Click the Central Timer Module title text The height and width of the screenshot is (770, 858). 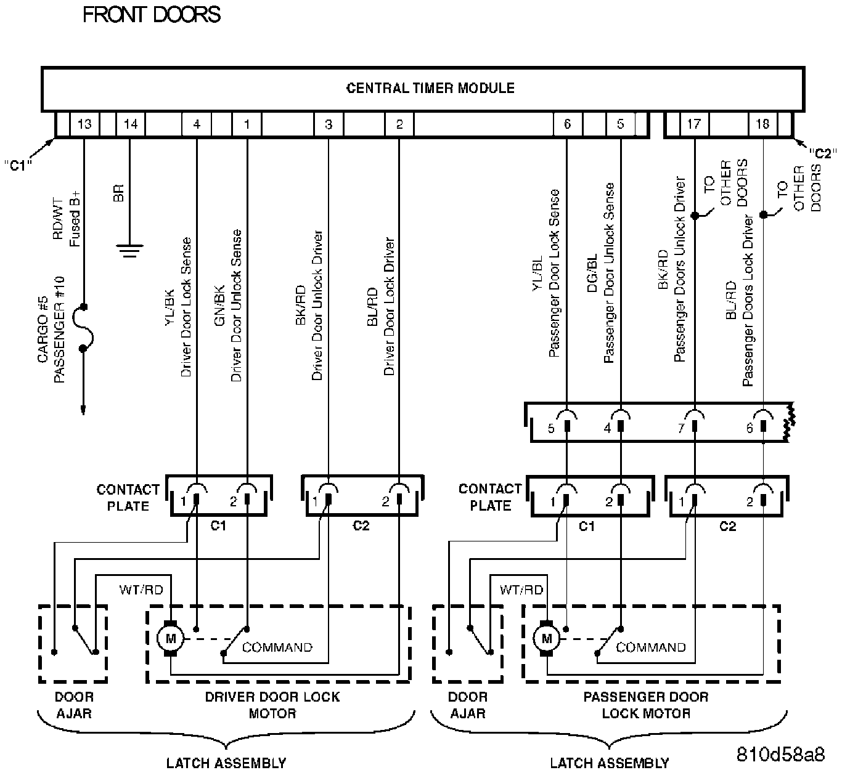click(430, 88)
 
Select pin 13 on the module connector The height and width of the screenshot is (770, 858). click(84, 124)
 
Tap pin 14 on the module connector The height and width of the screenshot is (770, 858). click(131, 124)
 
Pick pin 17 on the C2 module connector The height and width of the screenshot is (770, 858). click(693, 124)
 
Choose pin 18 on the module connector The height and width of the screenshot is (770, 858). click(762, 124)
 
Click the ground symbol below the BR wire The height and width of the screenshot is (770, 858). click(129, 251)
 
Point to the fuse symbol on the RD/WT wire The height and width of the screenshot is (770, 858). click(83, 328)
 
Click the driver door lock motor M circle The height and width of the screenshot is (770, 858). click(170, 638)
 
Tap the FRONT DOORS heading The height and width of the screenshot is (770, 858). click(152, 15)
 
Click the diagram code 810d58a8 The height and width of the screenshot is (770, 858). click(780, 754)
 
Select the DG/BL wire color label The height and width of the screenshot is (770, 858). click(592, 274)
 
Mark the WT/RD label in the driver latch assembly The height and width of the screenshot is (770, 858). click(141, 590)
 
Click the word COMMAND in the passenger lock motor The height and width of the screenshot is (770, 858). click(650, 647)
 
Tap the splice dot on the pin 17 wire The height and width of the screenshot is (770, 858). click(695, 216)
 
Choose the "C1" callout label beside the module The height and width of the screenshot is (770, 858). click(18, 164)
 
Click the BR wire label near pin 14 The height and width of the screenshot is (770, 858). click(118, 193)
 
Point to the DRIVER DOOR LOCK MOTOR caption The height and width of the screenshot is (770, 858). click(272, 705)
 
